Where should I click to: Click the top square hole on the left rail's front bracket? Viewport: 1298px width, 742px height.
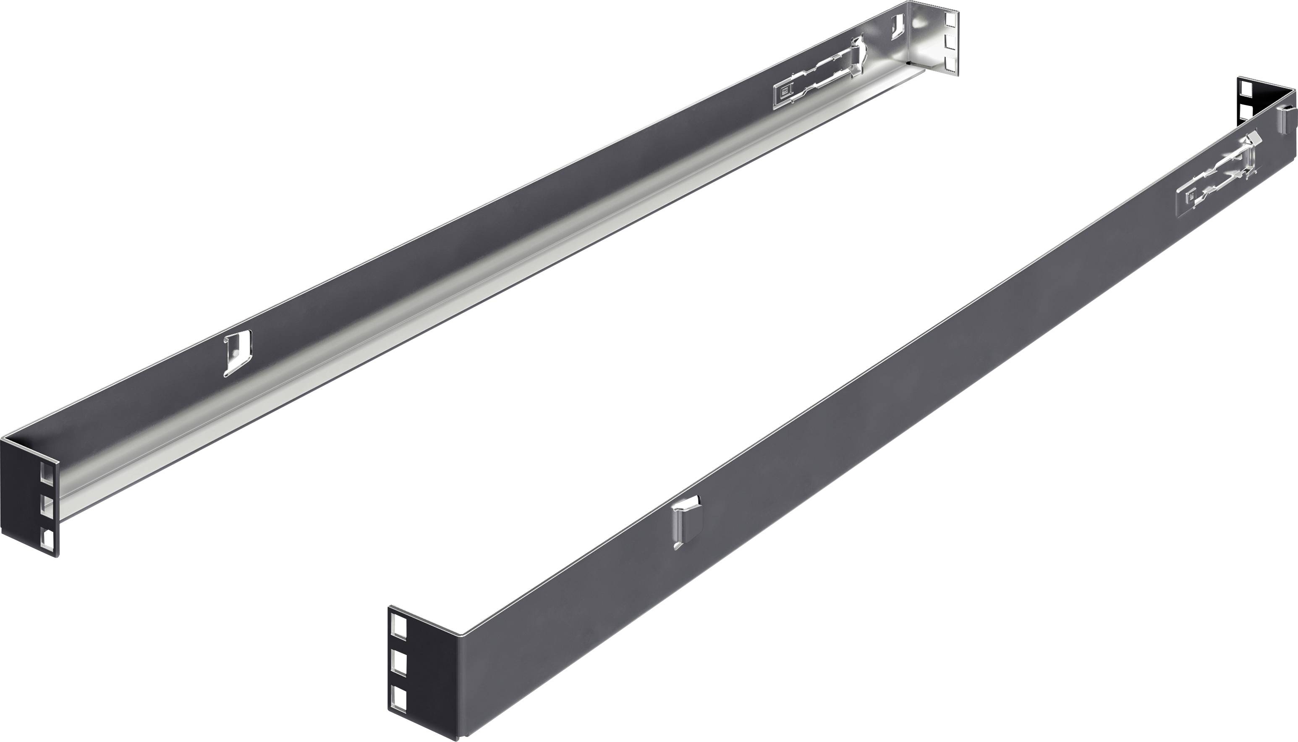tap(46, 472)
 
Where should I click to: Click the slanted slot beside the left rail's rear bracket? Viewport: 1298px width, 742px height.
tap(898, 26)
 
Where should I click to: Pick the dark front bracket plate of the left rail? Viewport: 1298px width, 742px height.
tap(21, 497)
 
